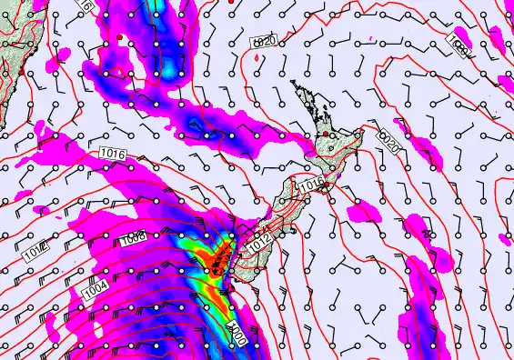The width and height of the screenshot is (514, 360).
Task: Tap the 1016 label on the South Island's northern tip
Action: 311,185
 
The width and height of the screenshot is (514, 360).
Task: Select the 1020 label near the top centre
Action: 264,42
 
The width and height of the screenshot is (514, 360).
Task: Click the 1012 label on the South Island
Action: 260,244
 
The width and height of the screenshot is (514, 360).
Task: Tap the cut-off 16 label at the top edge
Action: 86,5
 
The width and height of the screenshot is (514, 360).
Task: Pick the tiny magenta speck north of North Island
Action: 257,59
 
